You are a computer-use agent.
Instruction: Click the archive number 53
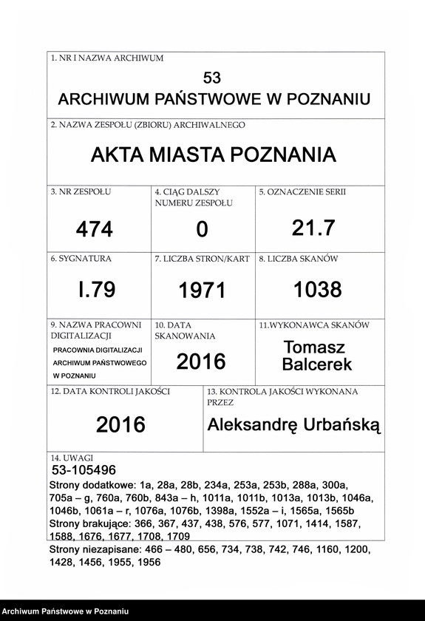(x=211, y=78)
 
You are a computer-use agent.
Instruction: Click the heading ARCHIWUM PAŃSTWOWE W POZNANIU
(x=214, y=99)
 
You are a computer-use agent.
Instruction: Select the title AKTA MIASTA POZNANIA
(x=213, y=155)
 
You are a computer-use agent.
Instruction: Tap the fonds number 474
(x=95, y=230)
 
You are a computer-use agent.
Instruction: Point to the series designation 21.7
(x=313, y=228)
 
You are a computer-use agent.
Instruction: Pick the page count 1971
(x=202, y=291)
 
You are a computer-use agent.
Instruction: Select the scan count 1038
(x=318, y=289)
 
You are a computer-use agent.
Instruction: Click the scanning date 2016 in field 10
(x=201, y=361)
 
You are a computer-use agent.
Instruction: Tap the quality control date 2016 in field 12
(x=120, y=424)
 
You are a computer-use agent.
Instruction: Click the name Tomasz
(x=314, y=347)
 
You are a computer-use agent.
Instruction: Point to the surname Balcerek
(x=317, y=364)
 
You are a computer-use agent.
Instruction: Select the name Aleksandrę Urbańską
(x=293, y=424)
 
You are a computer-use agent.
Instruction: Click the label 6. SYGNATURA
(x=81, y=259)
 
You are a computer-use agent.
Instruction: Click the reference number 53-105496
(x=84, y=470)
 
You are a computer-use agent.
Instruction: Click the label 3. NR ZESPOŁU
(x=81, y=192)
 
